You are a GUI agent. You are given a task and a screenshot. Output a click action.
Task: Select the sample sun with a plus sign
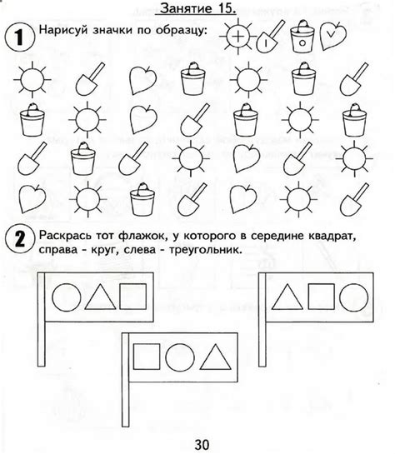pyautogui.click(x=237, y=36)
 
